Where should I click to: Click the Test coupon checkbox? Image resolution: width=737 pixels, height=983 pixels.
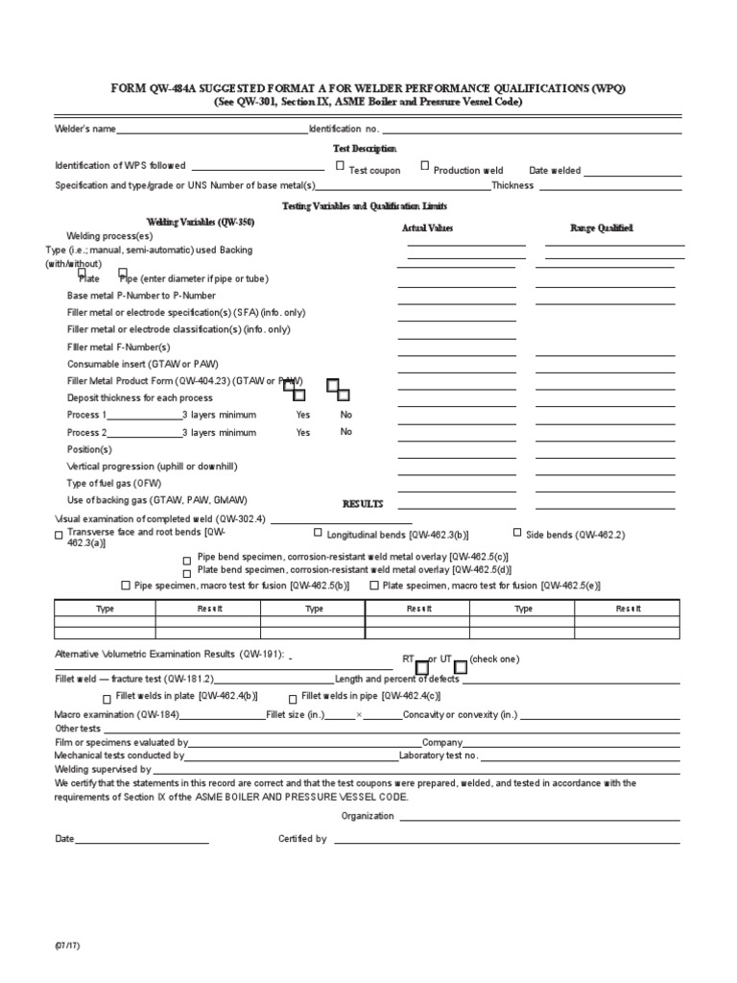pos(341,166)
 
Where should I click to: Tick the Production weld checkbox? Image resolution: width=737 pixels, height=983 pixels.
pos(425,166)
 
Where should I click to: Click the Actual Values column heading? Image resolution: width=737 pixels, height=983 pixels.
pos(427,228)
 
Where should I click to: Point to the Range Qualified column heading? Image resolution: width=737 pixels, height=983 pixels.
pos(602,228)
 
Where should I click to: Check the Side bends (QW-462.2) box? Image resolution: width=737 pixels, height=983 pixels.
pos(517,532)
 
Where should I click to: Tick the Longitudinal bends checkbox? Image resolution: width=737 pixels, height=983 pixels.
pos(318,532)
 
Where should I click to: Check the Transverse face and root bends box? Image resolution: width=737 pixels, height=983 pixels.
pos(59,535)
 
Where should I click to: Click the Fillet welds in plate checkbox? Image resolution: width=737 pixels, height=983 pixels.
pos(107,698)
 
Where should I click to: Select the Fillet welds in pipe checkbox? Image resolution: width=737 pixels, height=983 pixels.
pos(293,698)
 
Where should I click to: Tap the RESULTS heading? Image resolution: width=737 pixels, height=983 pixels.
pos(363,504)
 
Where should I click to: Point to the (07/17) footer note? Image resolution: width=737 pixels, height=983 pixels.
pos(68,947)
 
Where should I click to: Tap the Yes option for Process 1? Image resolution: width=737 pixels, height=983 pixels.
pos(303,416)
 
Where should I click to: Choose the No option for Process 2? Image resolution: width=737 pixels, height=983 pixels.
pos(346,432)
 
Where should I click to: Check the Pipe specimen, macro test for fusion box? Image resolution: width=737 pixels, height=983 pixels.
pos(126,585)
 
